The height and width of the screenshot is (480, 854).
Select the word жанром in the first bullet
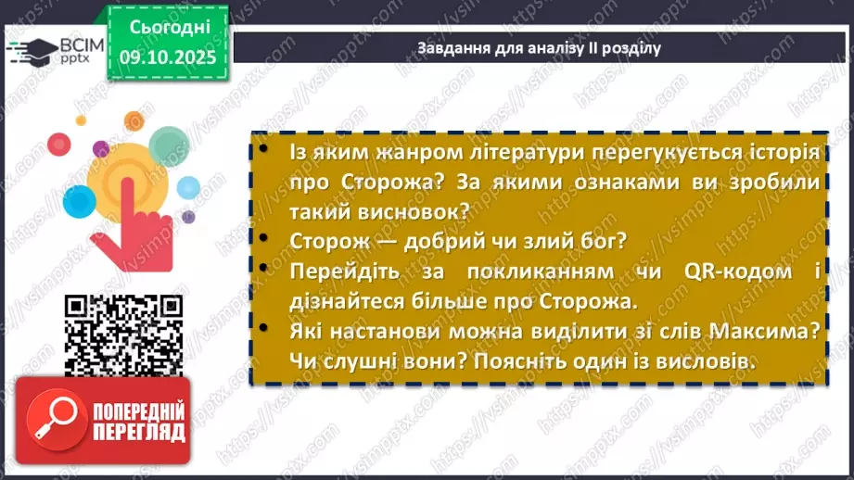point(374,152)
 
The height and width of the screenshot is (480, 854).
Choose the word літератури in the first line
point(496,152)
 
